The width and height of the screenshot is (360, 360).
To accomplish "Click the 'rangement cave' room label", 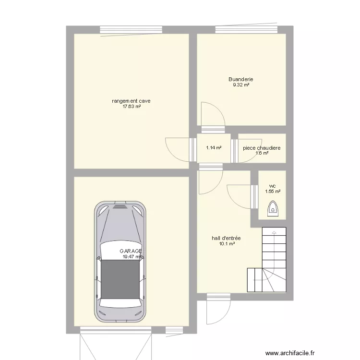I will pyautogui.click(x=132, y=101).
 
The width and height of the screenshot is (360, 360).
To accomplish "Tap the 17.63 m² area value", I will pyautogui.click(x=132, y=107).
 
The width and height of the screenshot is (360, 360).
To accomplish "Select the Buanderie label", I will pyautogui.click(x=241, y=79).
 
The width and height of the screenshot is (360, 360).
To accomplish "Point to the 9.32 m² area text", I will pyautogui.click(x=241, y=85).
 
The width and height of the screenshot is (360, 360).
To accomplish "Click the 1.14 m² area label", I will pyautogui.click(x=214, y=148).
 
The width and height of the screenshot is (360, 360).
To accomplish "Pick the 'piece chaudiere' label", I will pyautogui.click(x=262, y=148).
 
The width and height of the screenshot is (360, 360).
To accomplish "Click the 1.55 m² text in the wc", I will pyautogui.click(x=272, y=191).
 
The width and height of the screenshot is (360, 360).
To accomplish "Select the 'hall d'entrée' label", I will pyautogui.click(x=226, y=238).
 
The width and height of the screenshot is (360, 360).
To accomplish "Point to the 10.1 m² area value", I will pyautogui.click(x=226, y=244).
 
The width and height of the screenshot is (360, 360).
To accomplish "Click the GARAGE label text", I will pyautogui.click(x=131, y=251).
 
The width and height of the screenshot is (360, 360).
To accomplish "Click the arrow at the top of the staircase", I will pyautogui.click(x=274, y=233).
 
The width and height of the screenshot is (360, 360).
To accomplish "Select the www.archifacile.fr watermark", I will pyautogui.click(x=298, y=351).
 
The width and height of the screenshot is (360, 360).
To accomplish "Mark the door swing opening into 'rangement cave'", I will pyautogui.click(x=177, y=149).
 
